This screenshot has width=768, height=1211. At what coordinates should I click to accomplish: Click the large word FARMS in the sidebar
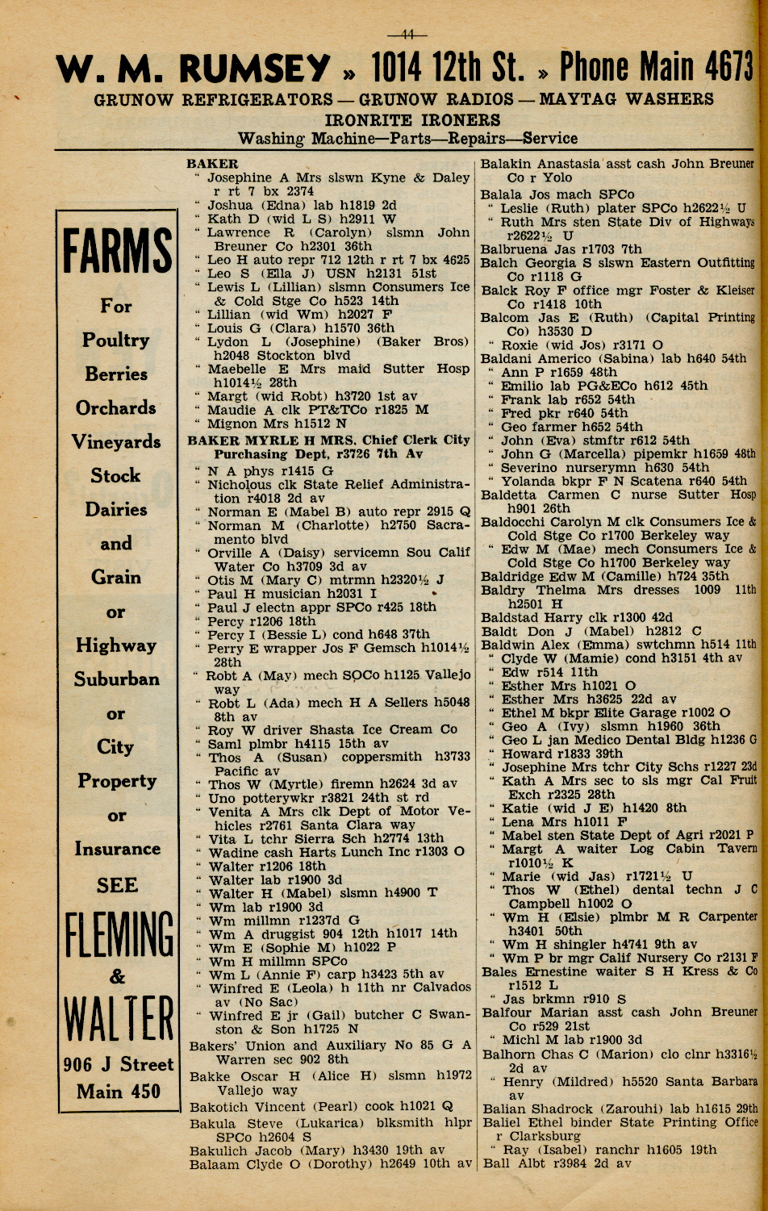coord(117,253)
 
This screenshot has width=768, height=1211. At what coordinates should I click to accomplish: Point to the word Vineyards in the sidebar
coord(116,442)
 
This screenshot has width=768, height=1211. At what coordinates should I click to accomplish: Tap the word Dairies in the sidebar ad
coord(116,510)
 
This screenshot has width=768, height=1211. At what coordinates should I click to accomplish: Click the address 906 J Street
coord(118,1065)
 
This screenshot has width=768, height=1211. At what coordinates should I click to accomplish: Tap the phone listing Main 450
coord(118,1092)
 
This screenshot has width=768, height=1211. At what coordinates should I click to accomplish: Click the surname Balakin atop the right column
coord(506,164)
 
